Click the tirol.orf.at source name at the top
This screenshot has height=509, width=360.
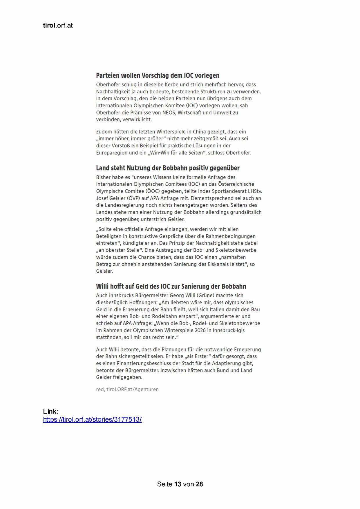coord(58,26)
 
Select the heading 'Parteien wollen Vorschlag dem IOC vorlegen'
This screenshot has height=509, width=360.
coord(158,76)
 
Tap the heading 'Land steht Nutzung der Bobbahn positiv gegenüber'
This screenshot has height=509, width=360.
coord(168,168)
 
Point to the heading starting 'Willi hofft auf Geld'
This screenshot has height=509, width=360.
coord(171,287)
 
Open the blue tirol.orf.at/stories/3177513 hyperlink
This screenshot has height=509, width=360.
coord(92,420)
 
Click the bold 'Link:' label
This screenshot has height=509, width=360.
coord(51,412)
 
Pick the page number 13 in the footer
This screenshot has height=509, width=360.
coord(178,484)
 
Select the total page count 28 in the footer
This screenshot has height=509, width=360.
coord(199,484)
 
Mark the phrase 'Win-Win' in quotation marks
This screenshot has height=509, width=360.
coord(163,153)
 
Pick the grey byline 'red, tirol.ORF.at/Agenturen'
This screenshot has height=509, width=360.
coord(127,390)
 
